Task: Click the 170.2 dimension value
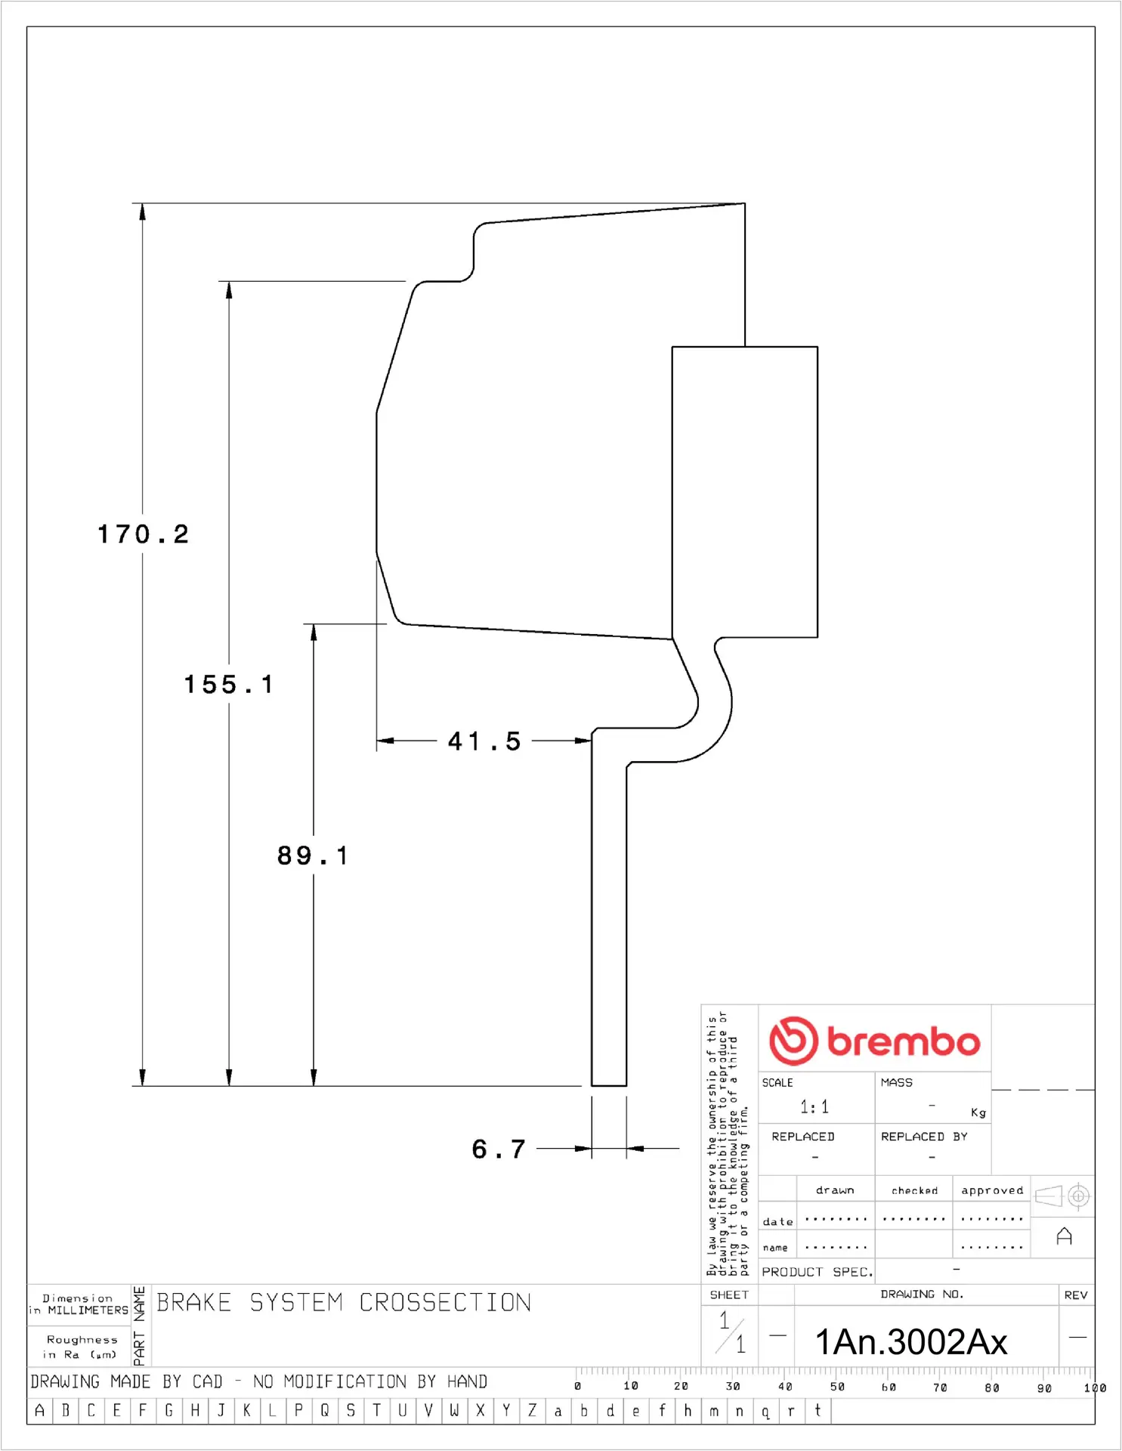(143, 534)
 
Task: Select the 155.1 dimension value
(228, 685)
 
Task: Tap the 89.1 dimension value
(313, 855)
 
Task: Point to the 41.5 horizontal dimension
(484, 741)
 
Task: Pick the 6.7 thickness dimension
(499, 1149)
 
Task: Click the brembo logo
(874, 1041)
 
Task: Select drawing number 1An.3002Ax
(911, 1342)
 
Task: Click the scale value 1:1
(814, 1107)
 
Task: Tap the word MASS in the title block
(897, 1082)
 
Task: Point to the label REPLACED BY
(924, 1137)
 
